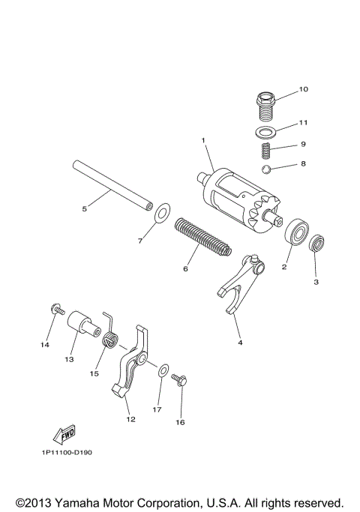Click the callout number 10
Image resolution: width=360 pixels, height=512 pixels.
coord(303,89)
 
